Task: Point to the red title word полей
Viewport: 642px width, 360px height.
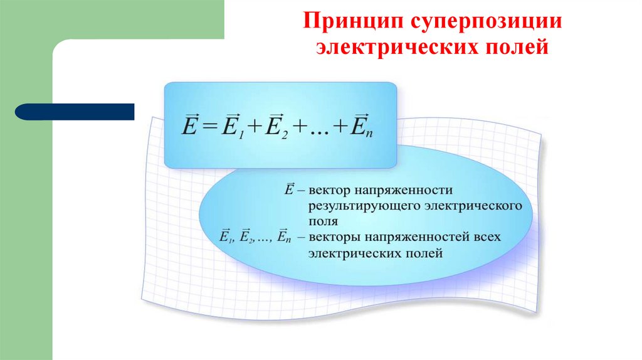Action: [518, 48]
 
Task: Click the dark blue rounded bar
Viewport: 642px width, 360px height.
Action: [75, 112]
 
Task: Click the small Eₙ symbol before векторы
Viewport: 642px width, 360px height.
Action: [283, 237]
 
